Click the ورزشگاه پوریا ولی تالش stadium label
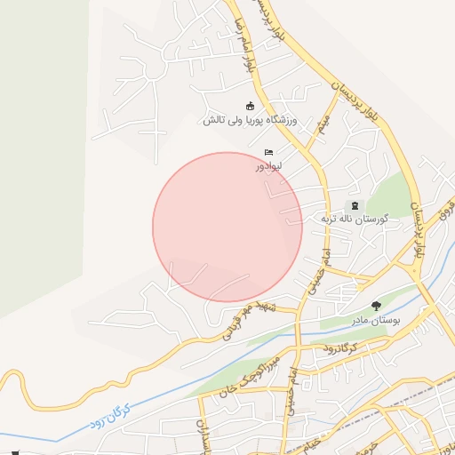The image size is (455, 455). pyautogui.click(x=252, y=120)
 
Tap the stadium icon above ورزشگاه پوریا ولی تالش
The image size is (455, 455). pyautogui.click(x=250, y=107)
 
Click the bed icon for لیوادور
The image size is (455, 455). pyautogui.click(x=268, y=153)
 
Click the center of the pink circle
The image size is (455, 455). pyautogui.click(x=227, y=227)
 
